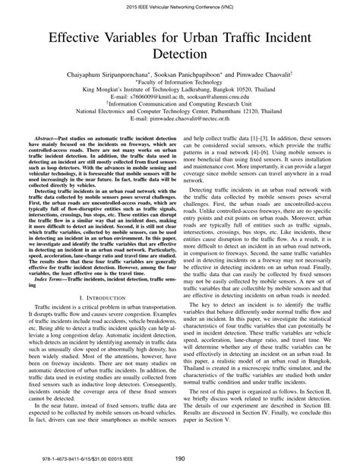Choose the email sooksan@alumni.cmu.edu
point(216,98)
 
